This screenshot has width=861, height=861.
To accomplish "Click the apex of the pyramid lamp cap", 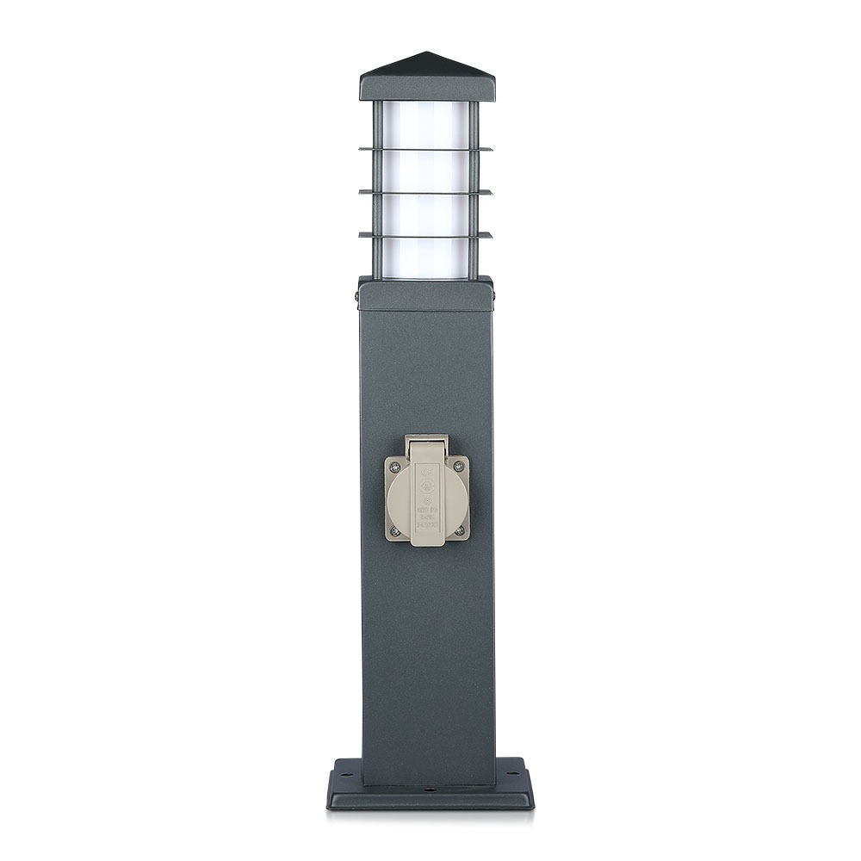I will tap(426, 53).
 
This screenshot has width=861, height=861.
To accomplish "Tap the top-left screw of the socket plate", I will tap(394, 467).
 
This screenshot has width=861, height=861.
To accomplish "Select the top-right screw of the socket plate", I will tap(458, 467).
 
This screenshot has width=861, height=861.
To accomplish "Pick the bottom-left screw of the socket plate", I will tap(394, 530).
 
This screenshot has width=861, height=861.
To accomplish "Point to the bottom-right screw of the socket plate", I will tap(459, 530).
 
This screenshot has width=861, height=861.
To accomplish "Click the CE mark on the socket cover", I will tap(426, 471).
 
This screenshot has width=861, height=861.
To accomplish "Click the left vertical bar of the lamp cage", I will tap(377, 189).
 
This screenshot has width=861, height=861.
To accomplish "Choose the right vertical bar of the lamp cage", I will tap(473, 189).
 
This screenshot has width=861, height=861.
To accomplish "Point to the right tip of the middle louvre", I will tap(490, 192).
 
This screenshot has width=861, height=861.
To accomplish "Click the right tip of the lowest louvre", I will tap(490, 234).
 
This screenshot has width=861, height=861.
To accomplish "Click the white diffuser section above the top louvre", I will tap(425, 125).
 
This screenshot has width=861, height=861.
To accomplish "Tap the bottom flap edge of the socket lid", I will tap(427, 542).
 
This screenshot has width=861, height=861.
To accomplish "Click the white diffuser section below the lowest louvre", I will tap(425, 257).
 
